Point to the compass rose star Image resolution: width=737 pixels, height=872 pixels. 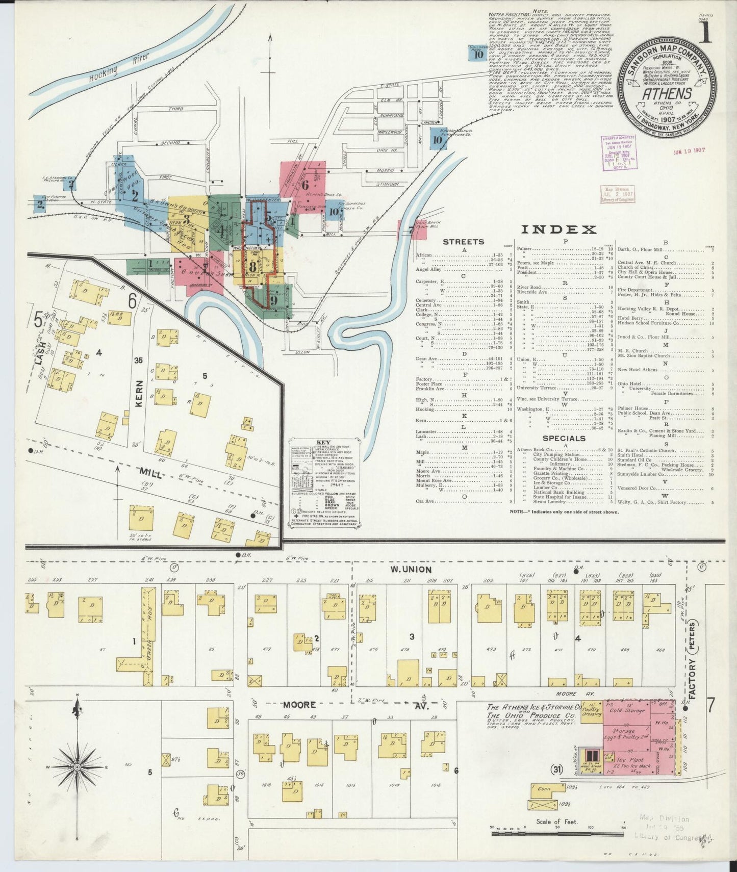tap(77, 766)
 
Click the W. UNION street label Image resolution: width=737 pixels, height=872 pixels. tap(411, 569)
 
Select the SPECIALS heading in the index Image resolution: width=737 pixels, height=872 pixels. tap(564, 438)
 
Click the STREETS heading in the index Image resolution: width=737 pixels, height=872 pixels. tap(464, 242)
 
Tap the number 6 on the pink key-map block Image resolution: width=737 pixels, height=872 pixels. tap(305, 185)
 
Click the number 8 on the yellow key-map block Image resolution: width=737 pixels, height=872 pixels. tap(252, 267)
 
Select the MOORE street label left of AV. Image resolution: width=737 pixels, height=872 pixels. tap(301, 705)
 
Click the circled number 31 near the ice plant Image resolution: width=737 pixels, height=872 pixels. tap(556, 770)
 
